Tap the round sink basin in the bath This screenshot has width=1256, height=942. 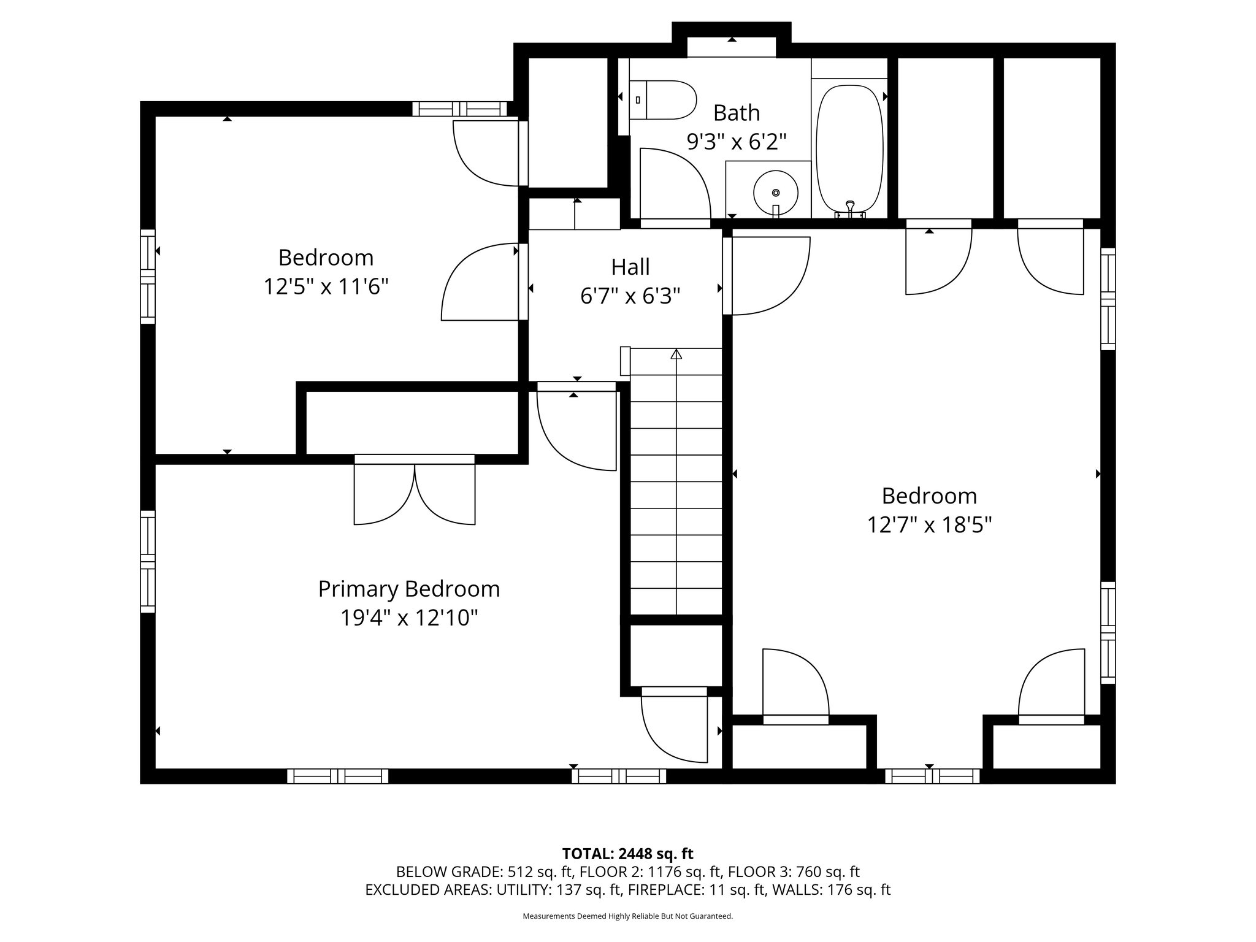776,192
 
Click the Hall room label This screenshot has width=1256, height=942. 630,267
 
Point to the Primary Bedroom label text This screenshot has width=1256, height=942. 408,589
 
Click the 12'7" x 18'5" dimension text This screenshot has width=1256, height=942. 929,526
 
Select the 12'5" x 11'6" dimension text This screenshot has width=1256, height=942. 326,286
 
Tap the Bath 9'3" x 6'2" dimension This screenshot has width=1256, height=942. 736,142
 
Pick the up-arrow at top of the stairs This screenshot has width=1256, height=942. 676,354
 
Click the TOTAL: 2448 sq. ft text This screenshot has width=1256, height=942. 627,854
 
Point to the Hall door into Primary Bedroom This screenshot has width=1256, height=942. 576,429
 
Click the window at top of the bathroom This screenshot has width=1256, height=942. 731,47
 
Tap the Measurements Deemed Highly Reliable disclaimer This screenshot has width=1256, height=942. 627,916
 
